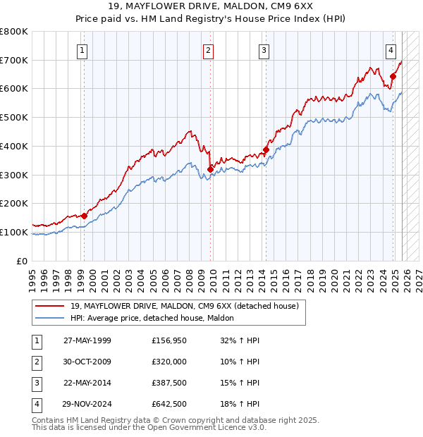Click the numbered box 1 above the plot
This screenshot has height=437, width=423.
[83, 50]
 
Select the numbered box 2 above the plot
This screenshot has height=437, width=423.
[209, 50]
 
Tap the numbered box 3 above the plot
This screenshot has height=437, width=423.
[264, 50]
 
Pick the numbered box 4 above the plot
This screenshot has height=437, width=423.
[391, 50]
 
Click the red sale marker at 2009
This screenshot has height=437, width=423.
[211, 169]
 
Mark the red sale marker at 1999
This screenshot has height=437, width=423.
[85, 216]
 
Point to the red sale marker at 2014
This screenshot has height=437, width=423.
[266, 149]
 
